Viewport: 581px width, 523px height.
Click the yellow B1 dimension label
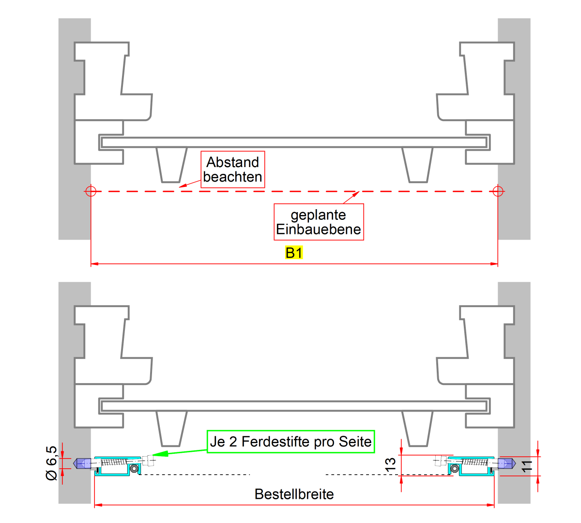(x=294, y=253)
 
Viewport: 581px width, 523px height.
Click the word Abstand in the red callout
(x=233, y=162)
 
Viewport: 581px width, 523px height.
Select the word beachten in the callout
(x=233, y=177)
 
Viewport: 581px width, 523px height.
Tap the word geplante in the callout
(x=319, y=215)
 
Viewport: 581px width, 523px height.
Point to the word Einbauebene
(x=319, y=230)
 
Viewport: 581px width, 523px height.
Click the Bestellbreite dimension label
(x=294, y=494)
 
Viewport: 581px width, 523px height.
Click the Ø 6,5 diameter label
(x=52, y=463)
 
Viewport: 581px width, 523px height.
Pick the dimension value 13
(x=391, y=464)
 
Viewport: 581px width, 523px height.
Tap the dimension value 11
(x=527, y=466)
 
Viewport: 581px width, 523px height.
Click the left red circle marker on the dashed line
(x=91, y=191)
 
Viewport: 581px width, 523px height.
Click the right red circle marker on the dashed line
(x=498, y=191)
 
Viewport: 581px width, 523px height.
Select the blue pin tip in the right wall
(x=507, y=463)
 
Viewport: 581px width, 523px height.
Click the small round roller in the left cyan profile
(x=134, y=469)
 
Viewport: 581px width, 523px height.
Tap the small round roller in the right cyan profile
(x=455, y=469)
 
